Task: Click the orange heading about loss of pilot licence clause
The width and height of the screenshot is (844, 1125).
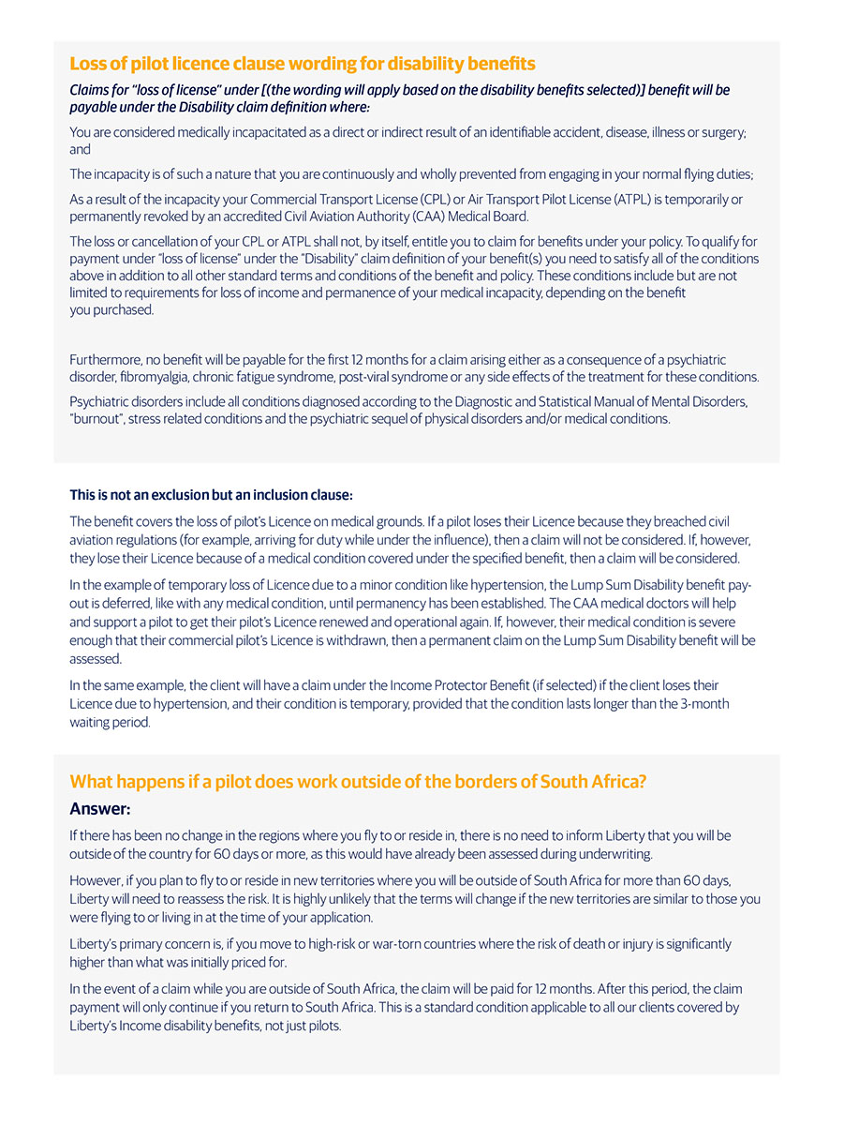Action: pyautogui.click(x=303, y=64)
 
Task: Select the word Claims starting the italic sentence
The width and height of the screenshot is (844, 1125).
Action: pyautogui.click(x=92, y=90)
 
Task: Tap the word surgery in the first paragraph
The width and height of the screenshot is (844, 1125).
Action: pyautogui.click(x=719, y=132)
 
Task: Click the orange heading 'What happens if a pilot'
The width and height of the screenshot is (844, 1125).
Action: pyautogui.click(x=358, y=782)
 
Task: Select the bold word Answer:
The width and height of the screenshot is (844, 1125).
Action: pyautogui.click(x=100, y=808)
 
